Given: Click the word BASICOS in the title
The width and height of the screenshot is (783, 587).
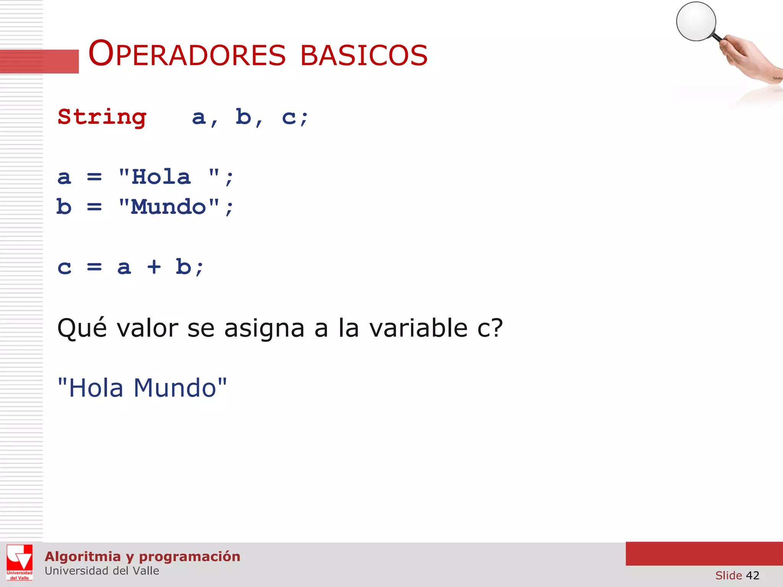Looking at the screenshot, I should pyautogui.click(x=364, y=55).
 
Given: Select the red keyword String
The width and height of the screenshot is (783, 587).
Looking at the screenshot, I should pyautogui.click(x=102, y=117).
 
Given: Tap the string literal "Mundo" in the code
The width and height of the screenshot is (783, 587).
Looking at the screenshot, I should pyautogui.click(x=169, y=207).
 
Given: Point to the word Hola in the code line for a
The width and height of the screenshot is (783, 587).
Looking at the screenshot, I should pyautogui.click(x=161, y=177).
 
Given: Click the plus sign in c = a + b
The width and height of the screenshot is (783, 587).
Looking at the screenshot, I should pyautogui.click(x=154, y=267).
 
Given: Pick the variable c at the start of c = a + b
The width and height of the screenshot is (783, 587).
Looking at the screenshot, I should pyautogui.click(x=65, y=267).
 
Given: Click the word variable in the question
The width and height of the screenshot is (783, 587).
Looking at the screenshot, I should pyautogui.click(x=418, y=328).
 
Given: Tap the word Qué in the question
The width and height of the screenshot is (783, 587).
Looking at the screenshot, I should pyautogui.click(x=82, y=328).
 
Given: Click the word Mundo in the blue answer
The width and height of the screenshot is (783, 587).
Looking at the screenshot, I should pyautogui.click(x=175, y=388).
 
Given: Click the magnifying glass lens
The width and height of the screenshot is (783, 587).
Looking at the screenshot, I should pyautogui.click(x=696, y=21).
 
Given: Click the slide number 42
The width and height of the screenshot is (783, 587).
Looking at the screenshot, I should pyautogui.click(x=752, y=575).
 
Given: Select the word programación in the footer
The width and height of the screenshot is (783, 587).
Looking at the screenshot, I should pyautogui.click(x=190, y=557).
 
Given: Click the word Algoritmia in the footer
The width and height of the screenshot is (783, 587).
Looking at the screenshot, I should pyautogui.click(x=83, y=557).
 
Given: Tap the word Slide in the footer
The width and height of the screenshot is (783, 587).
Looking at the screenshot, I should pyautogui.click(x=728, y=575).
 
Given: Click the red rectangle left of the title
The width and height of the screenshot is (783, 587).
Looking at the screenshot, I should pyautogui.click(x=39, y=61).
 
